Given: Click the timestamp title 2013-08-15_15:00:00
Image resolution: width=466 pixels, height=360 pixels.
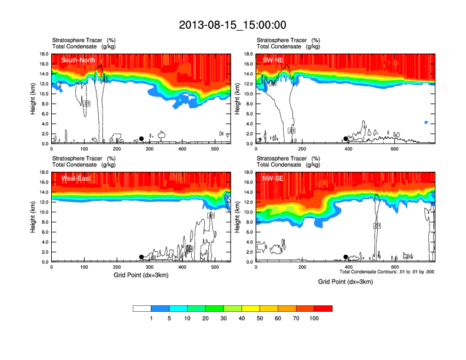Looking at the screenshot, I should [x=232, y=25].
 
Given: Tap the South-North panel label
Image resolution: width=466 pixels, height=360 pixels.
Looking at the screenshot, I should [x=76, y=60].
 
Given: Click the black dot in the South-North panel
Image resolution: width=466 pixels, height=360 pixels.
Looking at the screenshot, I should [x=141, y=139].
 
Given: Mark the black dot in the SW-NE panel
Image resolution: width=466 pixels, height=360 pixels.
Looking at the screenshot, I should [x=346, y=139].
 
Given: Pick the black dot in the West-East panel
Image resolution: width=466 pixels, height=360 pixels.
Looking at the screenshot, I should [x=141, y=257].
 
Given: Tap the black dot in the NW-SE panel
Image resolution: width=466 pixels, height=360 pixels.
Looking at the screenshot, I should [x=346, y=257].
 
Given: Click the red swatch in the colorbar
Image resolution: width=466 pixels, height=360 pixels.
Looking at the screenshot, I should [x=323, y=308].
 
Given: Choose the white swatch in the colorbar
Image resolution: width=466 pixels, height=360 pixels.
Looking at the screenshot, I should [x=142, y=308].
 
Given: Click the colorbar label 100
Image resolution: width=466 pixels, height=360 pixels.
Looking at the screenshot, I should [x=315, y=318].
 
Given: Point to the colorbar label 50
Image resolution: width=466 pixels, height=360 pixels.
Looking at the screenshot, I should [x=260, y=318].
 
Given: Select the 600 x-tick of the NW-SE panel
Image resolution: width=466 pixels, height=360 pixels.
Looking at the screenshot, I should [x=394, y=267].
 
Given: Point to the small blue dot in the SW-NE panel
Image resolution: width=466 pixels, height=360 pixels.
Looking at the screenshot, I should [x=426, y=122].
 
